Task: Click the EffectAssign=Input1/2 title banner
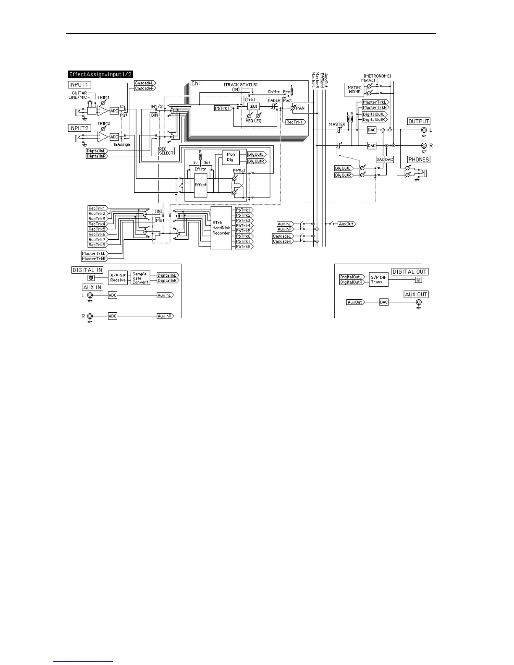tap(100, 74)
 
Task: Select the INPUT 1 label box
tap(79, 85)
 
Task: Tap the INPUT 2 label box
tap(79, 128)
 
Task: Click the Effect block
tap(200, 185)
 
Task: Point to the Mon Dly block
tap(231, 157)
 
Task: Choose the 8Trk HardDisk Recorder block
tap(221, 228)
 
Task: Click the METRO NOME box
tap(354, 90)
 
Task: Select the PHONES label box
tap(418, 160)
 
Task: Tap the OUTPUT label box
tap(419, 121)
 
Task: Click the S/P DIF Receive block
tap(118, 278)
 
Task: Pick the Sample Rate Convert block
tap(140, 278)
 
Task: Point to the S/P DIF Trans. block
tap(378, 280)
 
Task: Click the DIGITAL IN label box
tap(87, 270)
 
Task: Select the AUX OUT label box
tap(416, 294)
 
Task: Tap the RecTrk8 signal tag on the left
tap(97, 245)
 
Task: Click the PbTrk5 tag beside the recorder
tap(244, 231)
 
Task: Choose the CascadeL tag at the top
tap(144, 83)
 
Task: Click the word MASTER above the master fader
tap(337, 124)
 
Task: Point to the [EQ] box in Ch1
tap(253, 107)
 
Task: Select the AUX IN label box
tap(92, 288)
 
